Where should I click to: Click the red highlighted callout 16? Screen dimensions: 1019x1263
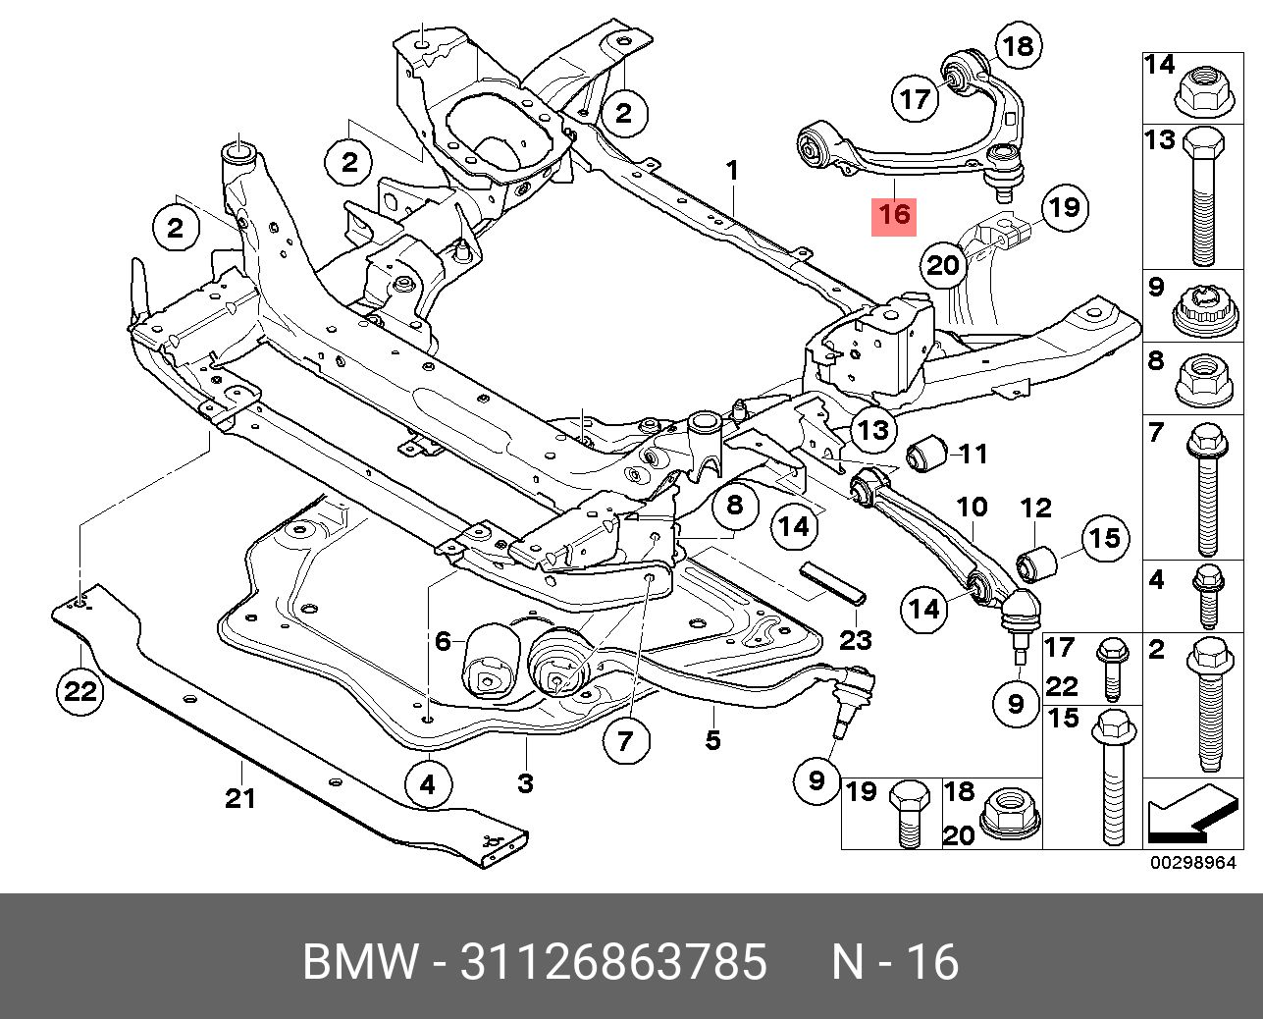[x=894, y=214]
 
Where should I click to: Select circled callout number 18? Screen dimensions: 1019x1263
[x=1018, y=45]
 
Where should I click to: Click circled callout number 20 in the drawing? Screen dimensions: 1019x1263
[x=943, y=265]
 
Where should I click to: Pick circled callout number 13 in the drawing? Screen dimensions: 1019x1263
[x=872, y=428]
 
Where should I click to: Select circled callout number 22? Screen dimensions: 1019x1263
[x=79, y=692]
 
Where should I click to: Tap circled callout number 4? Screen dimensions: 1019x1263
[x=428, y=784]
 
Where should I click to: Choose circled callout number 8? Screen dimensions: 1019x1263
[x=735, y=506]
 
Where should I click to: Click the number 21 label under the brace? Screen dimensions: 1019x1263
[x=240, y=798]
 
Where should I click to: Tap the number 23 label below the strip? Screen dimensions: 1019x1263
[x=856, y=641]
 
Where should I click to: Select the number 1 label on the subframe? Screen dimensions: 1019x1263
[x=732, y=173]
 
